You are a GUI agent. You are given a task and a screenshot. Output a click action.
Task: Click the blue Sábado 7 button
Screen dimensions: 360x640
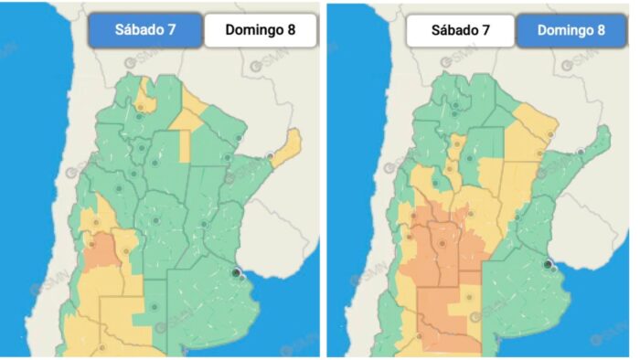[x=145, y=29]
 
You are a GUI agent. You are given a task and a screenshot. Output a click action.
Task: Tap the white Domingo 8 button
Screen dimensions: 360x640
[x=261, y=29]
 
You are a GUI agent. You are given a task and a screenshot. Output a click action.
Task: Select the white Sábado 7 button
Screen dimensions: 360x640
[x=460, y=29]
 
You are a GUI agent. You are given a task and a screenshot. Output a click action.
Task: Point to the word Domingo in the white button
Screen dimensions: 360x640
[x=246, y=29]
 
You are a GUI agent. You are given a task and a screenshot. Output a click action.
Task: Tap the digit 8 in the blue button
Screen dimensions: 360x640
[x=601, y=29]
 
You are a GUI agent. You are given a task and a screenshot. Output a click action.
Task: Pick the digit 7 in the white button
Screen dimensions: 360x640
[x=485, y=29]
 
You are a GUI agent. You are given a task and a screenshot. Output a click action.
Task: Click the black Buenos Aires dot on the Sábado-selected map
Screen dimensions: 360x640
[x=237, y=272]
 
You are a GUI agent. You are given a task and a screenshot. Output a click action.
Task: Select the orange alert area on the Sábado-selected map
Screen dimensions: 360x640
[x=101, y=249]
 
